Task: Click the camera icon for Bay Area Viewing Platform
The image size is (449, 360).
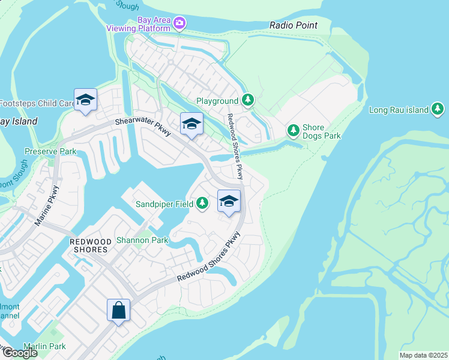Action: pyautogui.click(x=179, y=23)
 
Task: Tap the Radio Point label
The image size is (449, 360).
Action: pyautogui.click(x=294, y=25)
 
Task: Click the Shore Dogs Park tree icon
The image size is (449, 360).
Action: pyautogui.click(x=294, y=130)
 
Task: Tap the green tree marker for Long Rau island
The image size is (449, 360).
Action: pyautogui.click(x=439, y=109)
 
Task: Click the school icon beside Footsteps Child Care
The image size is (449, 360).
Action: pyautogui.click(x=85, y=101)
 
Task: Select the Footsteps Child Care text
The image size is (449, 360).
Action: pyautogui.click(x=37, y=103)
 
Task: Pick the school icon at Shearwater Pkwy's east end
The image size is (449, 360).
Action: pyautogui.click(x=191, y=124)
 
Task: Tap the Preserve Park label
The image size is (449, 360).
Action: pyautogui.click(x=50, y=151)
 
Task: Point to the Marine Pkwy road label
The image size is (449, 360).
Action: pyautogui.click(x=46, y=208)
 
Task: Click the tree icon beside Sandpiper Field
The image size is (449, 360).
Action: pyautogui.click(x=203, y=204)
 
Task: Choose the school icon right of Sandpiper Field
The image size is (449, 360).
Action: pyautogui.click(x=229, y=202)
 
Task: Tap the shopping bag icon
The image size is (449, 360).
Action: pyautogui.click(x=118, y=311)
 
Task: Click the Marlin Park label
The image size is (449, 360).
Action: pyautogui.click(x=44, y=346)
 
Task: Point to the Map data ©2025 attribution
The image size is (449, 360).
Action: pyautogui.click(x=423, y=355)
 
